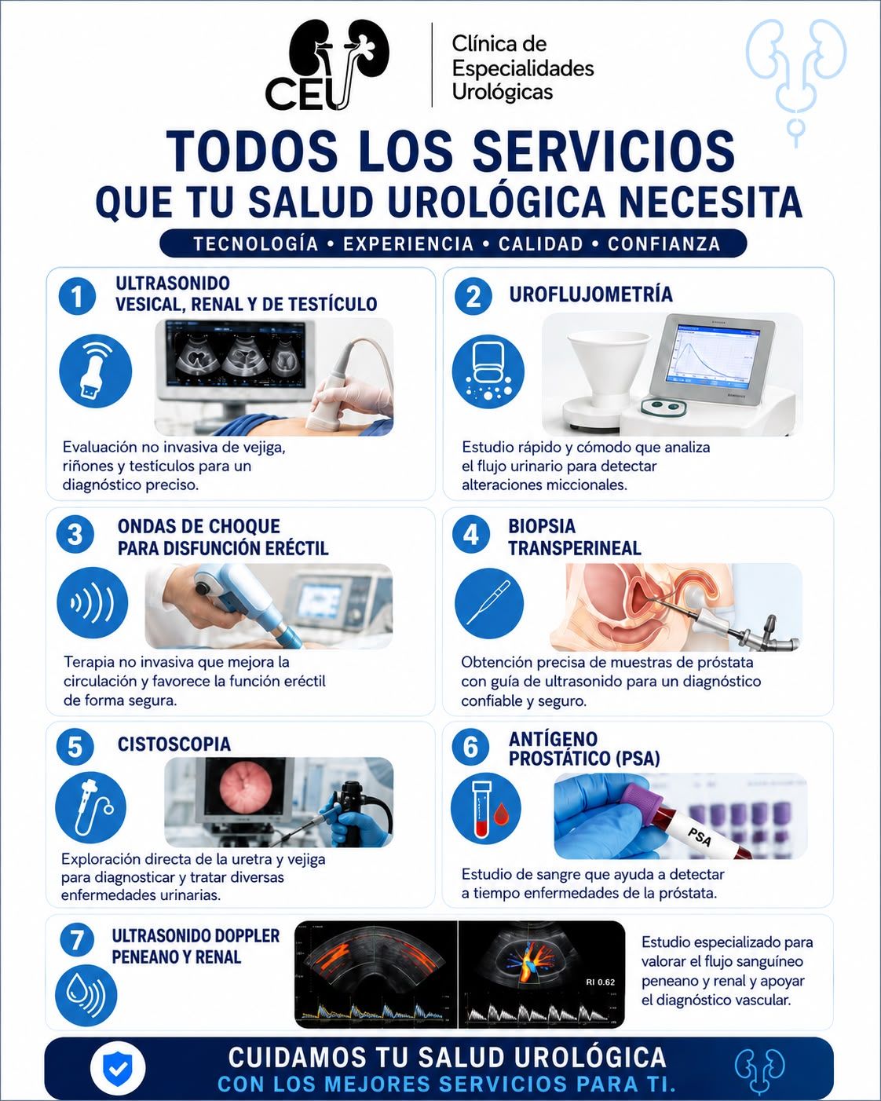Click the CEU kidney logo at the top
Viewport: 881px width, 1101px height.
[x=327, y=65]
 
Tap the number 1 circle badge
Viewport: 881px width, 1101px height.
[x=77, y=296]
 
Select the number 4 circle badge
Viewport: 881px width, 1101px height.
[x=470, y=535]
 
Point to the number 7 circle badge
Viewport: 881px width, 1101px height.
[x=77, y=940]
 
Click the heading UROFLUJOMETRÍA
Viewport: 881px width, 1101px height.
[x=591, y=294]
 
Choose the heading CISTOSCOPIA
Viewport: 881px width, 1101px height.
[x=174, y=744]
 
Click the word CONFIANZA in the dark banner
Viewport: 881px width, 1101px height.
[x=664, y=243]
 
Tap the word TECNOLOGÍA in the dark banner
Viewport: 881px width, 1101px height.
[x=256, y=243]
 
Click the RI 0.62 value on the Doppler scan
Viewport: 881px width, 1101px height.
[x=600, y=982]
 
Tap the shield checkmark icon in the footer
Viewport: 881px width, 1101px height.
[x=118, y=1068]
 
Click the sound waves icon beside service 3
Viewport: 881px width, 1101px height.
[x=93, y=603]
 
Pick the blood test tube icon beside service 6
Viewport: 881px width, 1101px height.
[x=486, y=808]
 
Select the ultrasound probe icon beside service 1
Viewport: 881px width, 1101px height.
[x=96, y=371]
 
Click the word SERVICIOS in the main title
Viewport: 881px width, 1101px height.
[x=604, y=152]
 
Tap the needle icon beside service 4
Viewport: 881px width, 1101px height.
[x=489, y=603]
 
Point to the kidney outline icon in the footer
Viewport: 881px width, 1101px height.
[x=760, y=1070]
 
